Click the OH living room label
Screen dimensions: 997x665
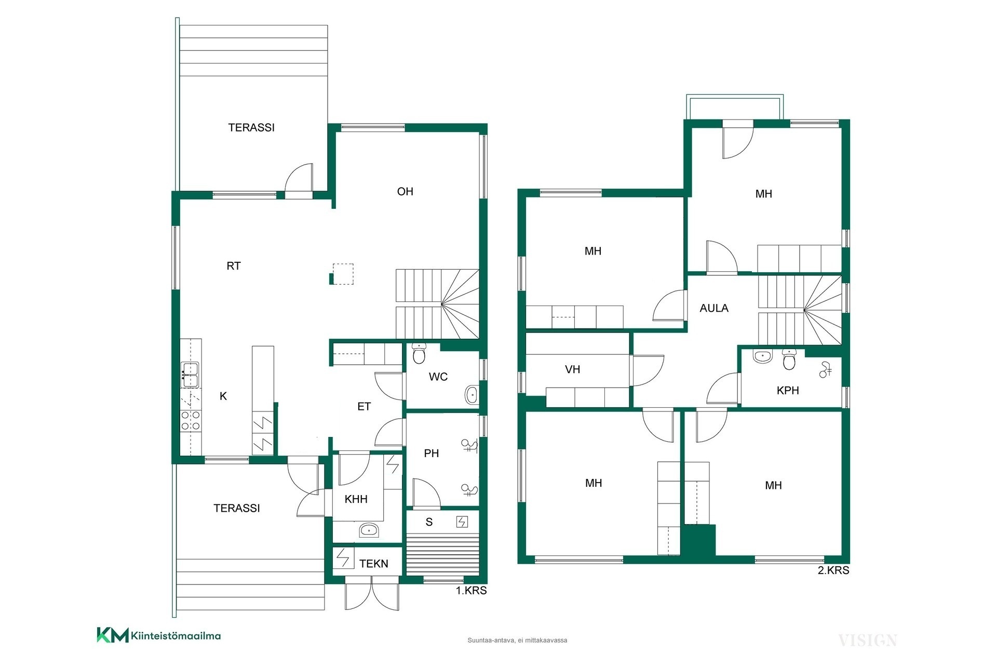405,192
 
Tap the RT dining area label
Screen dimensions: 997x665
234,266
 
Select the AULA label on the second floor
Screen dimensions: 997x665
714,308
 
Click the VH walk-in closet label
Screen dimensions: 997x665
572,369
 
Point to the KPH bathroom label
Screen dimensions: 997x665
788,391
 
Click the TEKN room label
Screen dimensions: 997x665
374,564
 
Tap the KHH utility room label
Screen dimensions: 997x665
356,499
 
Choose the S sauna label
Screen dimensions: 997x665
429,522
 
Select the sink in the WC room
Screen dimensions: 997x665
472,395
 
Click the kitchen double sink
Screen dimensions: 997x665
190,375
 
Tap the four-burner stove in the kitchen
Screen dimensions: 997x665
191,420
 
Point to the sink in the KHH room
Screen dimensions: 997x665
369,530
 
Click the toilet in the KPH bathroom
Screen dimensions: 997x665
789,359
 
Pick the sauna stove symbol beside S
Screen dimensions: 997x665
462,522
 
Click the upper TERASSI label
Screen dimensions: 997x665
251,128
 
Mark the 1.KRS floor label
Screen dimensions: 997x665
471,591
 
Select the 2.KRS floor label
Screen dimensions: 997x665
833,570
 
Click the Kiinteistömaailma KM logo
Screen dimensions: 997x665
112,635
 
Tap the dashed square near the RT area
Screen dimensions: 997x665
343,274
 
